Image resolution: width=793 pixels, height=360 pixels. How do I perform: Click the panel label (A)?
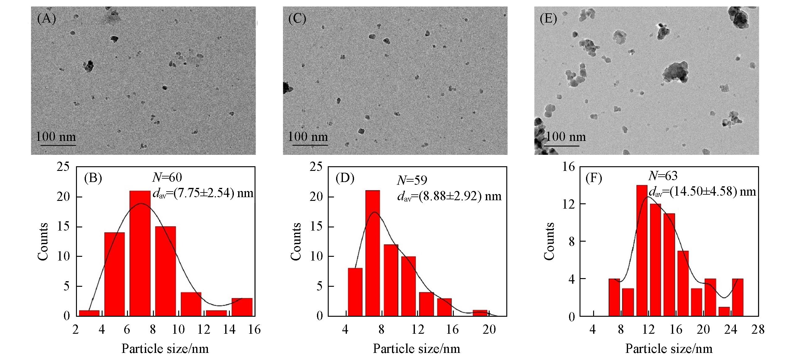tap(46, 19)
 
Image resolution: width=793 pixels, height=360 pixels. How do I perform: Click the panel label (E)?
tap(548, 19)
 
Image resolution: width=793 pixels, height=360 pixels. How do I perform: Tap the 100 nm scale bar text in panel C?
tap(308, 137)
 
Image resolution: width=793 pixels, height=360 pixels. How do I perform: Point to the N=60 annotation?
tap(167, 177)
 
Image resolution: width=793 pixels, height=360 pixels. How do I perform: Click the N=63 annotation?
tap(662, 176)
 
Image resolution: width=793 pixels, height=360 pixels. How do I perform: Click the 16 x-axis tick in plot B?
tap(254, 329)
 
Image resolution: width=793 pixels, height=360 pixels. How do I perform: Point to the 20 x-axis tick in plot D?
tap(489, 329)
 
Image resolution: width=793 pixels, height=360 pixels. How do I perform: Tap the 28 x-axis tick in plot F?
tap(757, 329)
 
